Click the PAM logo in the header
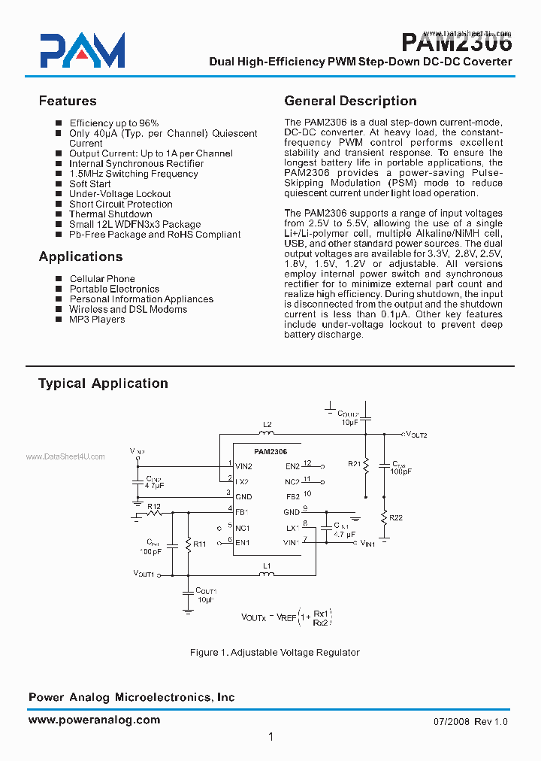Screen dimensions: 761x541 click(x=83, y=51)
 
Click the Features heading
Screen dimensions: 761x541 click(x=68, y=101)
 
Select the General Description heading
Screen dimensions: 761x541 click(x=350, y=101)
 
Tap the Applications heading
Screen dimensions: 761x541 click(x=80, y=256)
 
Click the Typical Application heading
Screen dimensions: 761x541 click(x=103, y=384)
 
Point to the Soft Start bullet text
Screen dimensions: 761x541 click(x=90, y=183)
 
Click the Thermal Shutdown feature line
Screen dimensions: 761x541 click(x=110, y=214)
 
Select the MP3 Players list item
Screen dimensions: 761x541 click(x=97, y=320)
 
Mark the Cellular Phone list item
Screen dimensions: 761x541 click(x=102, y=279)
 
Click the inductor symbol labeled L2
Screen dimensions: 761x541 click(x=267, y=434)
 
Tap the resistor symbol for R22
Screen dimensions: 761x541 click(x=383, y=517)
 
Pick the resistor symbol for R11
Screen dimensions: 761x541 click(x=187, y=544)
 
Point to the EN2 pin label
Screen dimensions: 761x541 click(x=292, y=466)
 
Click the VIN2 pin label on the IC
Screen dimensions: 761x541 click(x=243, y=466)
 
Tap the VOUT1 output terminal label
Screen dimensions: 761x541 click(x=144, y=575)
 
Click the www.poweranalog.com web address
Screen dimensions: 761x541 click(x=94, y=720)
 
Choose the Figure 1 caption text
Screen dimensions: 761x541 click(x=274, y=652)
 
